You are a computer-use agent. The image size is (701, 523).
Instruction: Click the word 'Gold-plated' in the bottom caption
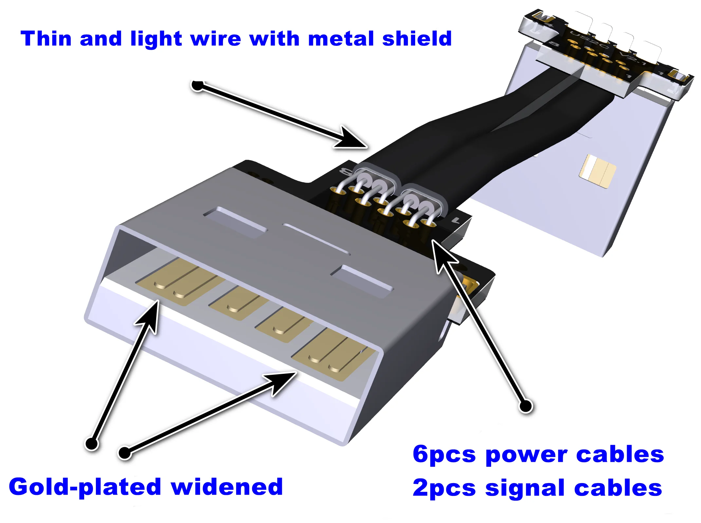point(85,487)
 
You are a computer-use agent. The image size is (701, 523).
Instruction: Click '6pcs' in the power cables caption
point(444,455)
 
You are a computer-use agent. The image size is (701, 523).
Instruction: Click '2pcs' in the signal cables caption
point(444,488)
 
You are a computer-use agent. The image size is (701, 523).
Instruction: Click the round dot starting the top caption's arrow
point(197,86)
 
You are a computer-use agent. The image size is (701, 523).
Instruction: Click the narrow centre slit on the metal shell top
point(316,239)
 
